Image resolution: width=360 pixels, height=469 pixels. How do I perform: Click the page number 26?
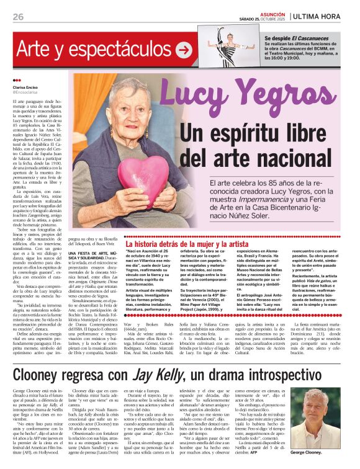(x=17, y=16)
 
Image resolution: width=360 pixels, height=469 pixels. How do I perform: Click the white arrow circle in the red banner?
(x=183, y=50)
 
